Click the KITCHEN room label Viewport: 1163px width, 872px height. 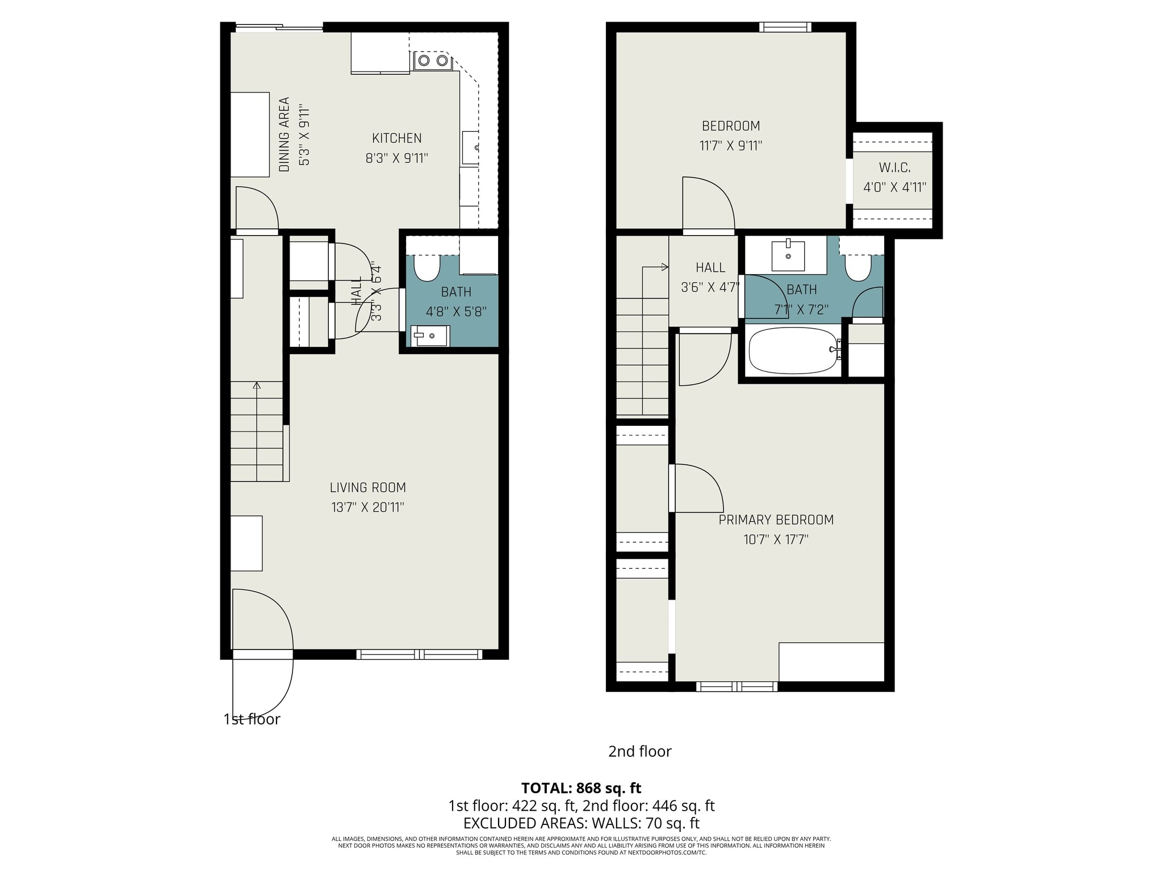(x=396, y=138)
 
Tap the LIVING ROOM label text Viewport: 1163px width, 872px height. (x=368, y=487)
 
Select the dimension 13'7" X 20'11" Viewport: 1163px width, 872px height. (x=368, y=507)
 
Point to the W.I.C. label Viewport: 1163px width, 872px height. (x=894, y=168)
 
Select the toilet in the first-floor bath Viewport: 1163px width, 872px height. (x=427, y=267)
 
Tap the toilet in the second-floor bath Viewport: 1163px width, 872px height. (x=857, y=267)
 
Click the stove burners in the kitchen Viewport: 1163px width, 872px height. (x=433, y=60)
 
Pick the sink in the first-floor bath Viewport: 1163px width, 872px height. (x=430, y=336)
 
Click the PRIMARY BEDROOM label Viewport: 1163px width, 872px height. (x=776, y=519)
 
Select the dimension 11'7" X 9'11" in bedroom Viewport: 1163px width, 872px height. (x=730, y=146)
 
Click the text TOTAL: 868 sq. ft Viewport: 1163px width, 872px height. (x=581, y=788)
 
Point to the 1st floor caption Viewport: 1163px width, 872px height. (x=252, y=719)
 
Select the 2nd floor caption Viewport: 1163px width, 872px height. (x=639, y=752)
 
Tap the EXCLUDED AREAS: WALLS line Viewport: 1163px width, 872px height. (x=581, y=823)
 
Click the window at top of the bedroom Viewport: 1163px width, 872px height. (x=785, y=27)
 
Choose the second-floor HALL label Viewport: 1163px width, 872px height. (x=710, y=267)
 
